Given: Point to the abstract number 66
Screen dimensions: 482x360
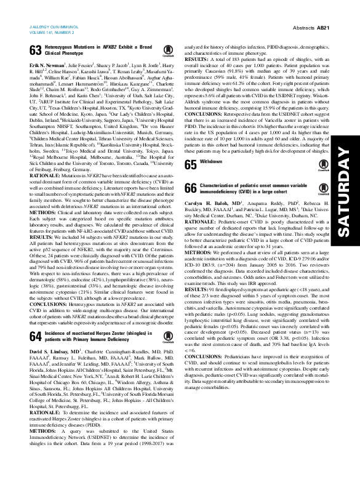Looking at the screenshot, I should pos(190,188).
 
